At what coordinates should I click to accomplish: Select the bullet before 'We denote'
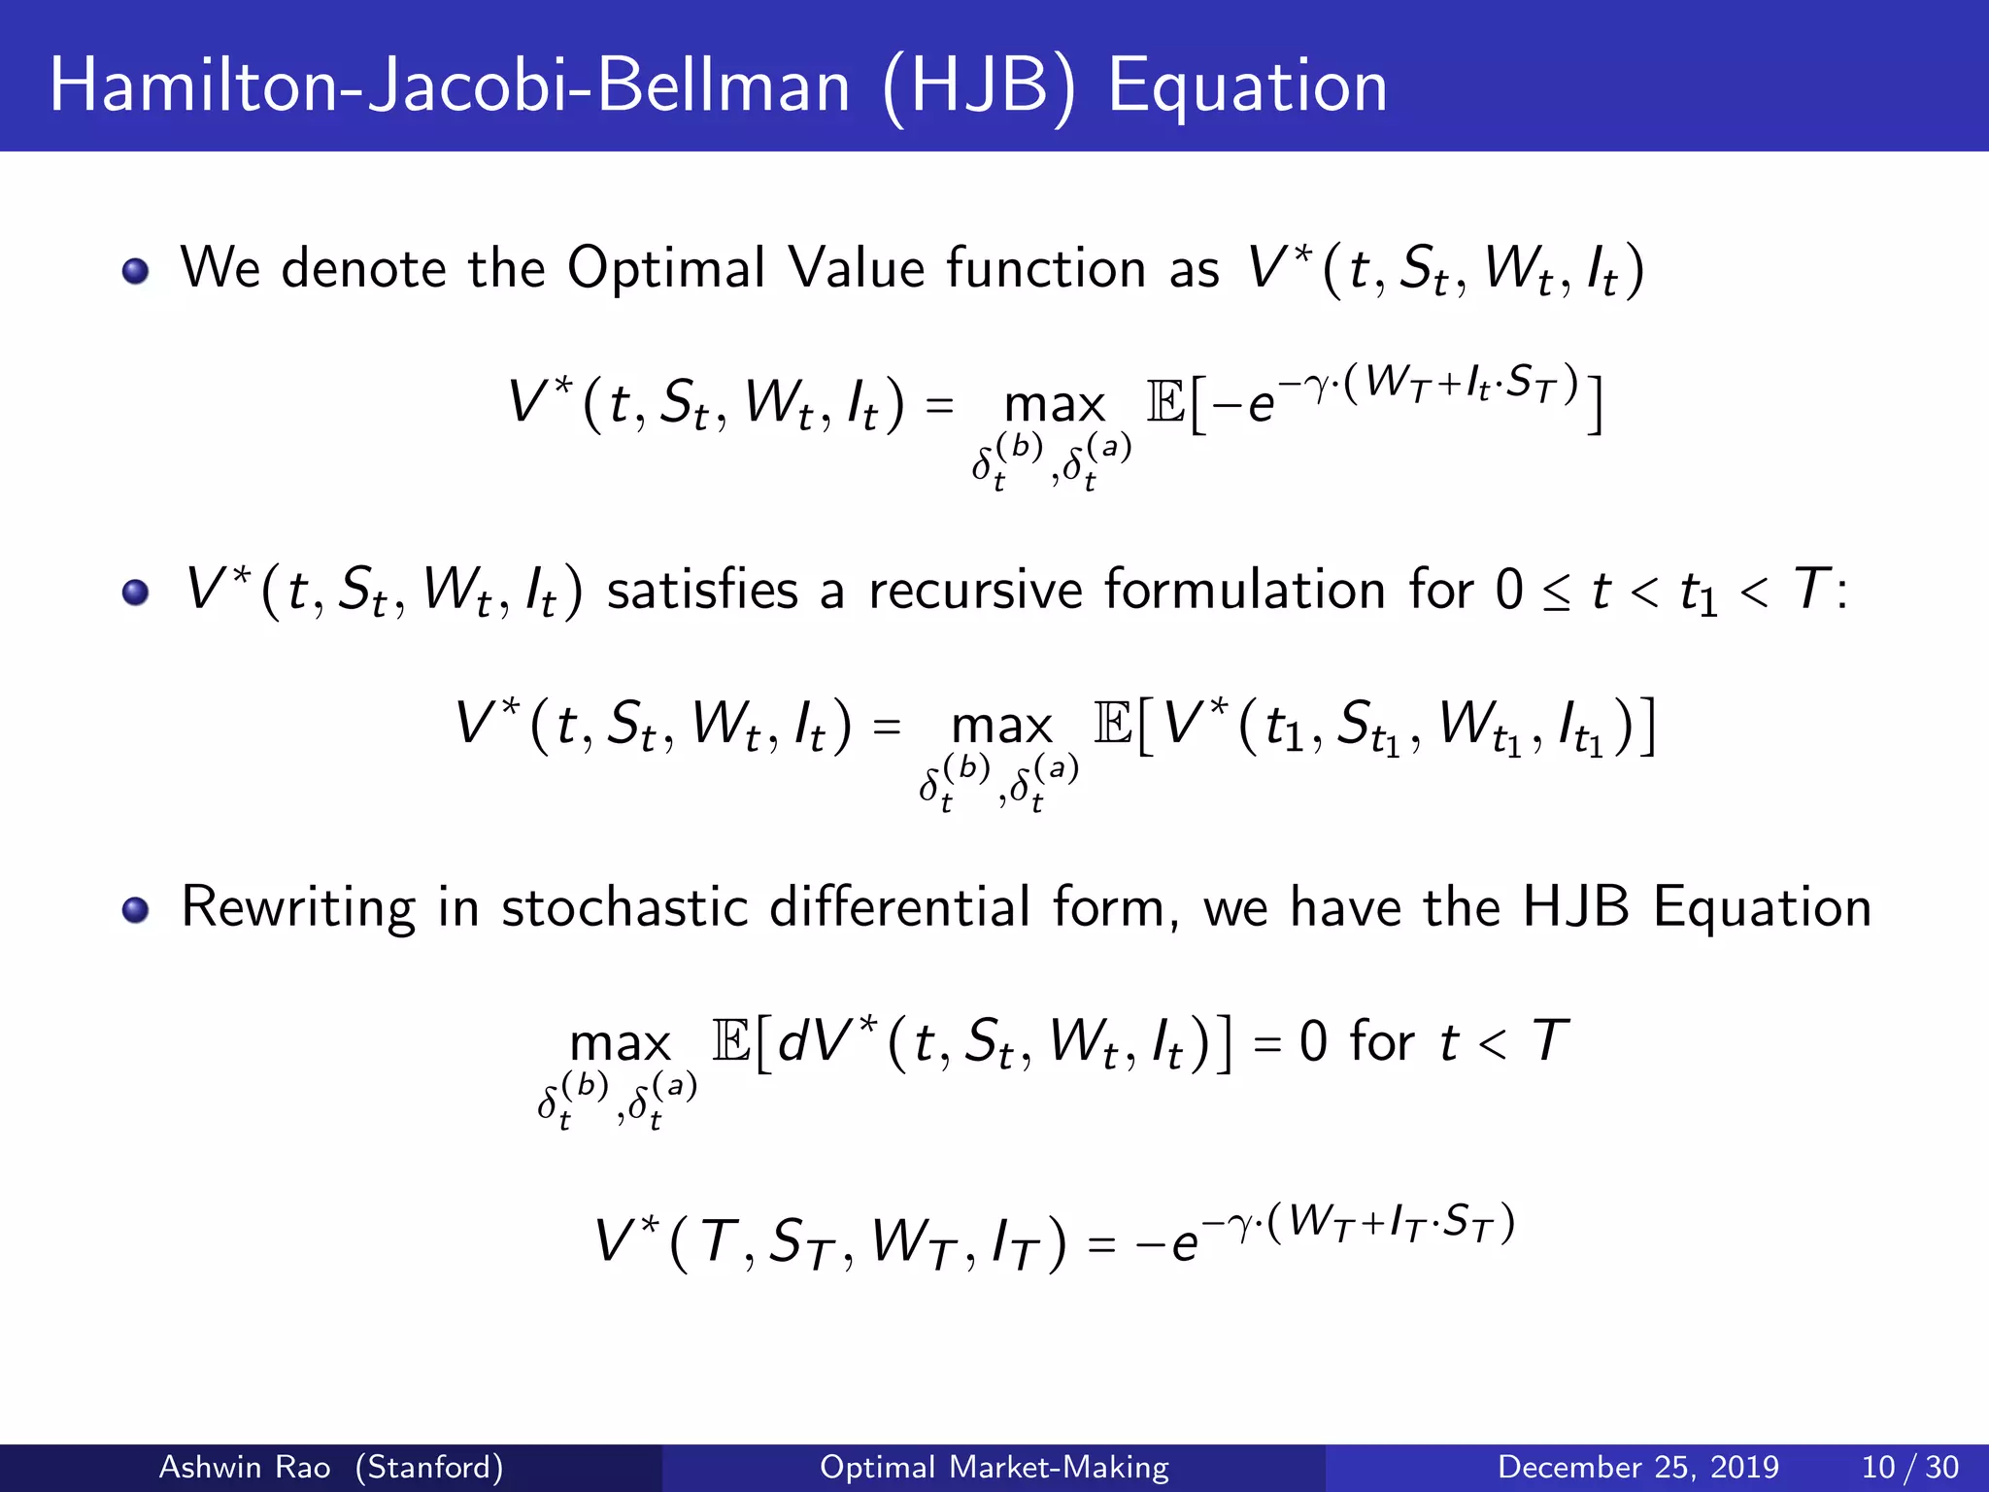136,271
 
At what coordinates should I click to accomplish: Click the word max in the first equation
1055,404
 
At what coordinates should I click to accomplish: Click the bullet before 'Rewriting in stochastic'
136,910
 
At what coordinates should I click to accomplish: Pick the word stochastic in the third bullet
624,907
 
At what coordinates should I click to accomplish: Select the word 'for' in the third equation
1382,1041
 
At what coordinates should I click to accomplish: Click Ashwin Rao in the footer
244,1467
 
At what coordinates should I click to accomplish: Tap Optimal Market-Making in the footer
994,1467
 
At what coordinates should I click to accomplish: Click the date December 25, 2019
1637,1467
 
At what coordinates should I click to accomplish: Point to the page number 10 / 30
1909,1467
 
